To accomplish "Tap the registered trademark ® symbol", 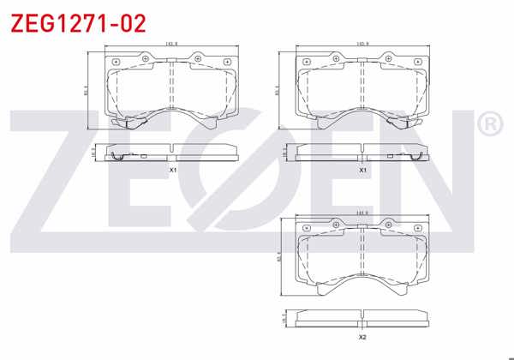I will [488, 126].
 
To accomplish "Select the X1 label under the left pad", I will [172, 170].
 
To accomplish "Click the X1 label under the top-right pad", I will [362, 170].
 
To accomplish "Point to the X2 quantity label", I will [362, 336].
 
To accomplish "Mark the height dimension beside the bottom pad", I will [278, 255].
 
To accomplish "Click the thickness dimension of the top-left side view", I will [94, 152].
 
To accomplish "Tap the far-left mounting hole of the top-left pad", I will [117, 63].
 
